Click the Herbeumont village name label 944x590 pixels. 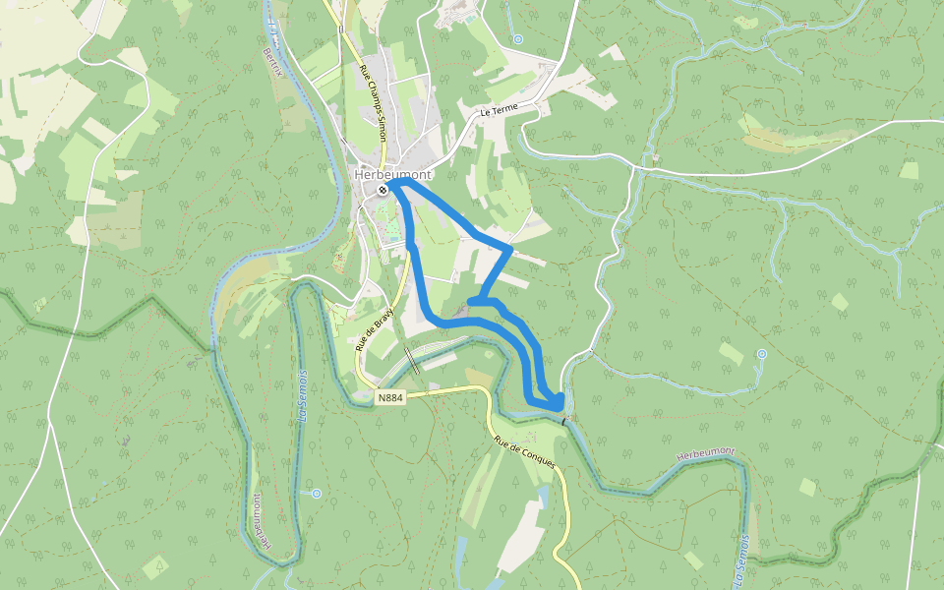coord(392,175)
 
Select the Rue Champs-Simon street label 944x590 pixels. coord(373,103)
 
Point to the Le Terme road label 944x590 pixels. coord(499,112)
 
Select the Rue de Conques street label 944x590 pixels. coord(525,450)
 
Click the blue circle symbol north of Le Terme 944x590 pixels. coord(518,39)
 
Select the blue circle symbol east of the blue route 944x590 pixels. coord(762,354)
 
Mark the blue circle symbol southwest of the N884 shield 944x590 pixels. coord(316,493)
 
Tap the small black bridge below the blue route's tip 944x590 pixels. coord(564,420)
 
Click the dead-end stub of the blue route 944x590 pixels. coord(470,301)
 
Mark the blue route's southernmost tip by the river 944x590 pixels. coord(559,404)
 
